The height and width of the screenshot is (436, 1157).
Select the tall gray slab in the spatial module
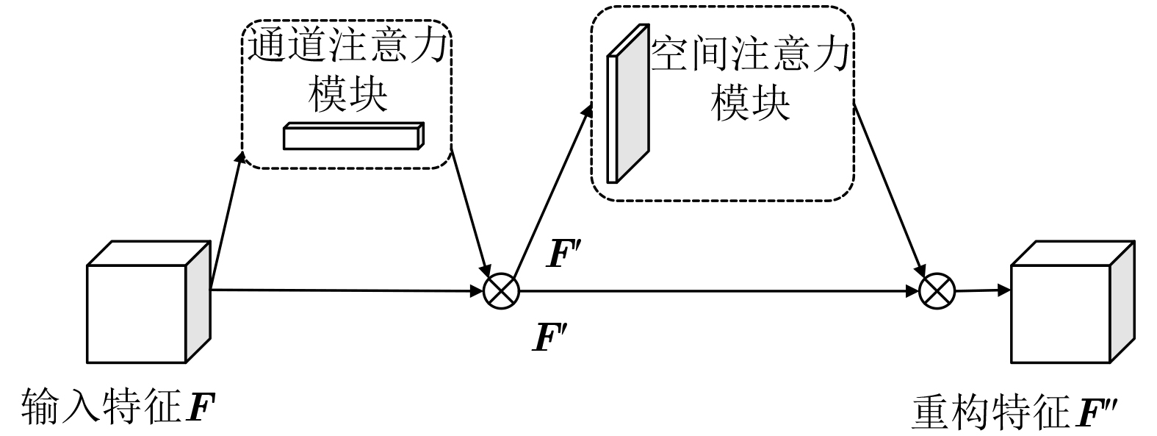[x=629, y=107]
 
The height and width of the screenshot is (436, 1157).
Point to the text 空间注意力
[x=750, y=55]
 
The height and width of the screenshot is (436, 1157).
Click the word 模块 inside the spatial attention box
[x=749, y=102]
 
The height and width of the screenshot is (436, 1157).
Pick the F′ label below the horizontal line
[x=551, y=337]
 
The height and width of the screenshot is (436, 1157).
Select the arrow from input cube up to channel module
[x=226, y=221]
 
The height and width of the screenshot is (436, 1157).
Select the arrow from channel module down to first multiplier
[x=471, y=213]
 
